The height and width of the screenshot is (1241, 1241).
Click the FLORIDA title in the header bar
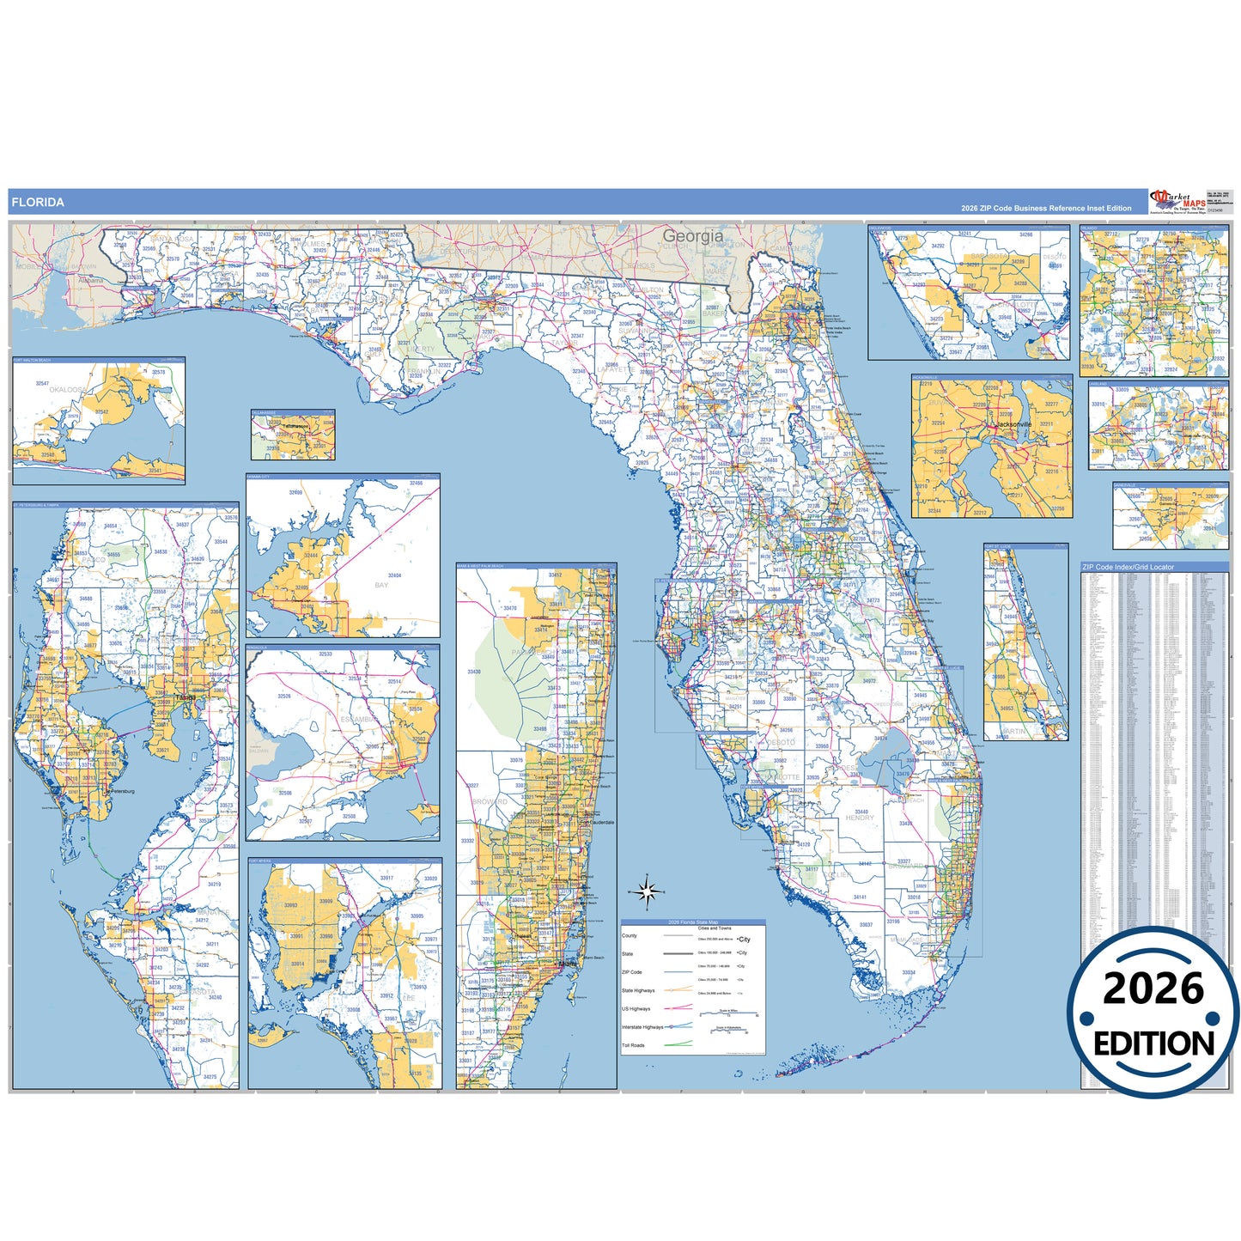pos(37,203)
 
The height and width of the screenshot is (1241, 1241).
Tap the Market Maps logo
pos(1177,201)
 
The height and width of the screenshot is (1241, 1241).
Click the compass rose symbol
pos(649,891)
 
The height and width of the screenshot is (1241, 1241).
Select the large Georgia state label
pos(692,235)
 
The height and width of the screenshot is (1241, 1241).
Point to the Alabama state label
pos(90,281)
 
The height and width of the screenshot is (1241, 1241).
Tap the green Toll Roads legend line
pos(678,1044)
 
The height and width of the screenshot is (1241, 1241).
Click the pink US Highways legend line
pos(678,1007)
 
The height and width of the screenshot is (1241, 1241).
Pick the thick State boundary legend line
pos(678,953)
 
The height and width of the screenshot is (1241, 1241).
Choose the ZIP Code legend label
pos(632,972)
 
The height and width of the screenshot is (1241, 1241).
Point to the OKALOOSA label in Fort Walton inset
pos(68,389)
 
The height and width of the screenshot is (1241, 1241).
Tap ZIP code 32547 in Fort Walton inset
pos(42,384)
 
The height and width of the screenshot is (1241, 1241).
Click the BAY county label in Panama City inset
pos(381,585)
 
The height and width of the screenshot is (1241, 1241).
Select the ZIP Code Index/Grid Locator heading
pos(1128,567)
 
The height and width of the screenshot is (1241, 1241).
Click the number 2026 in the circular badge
pos(1153,989)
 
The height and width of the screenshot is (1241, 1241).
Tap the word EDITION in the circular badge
pos(1153,1043)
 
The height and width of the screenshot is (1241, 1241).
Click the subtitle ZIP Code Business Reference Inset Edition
pos(1046,209)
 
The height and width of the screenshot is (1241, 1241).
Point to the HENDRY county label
pos(860,818)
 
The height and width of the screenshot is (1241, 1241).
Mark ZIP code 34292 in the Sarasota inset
pos(938,246)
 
